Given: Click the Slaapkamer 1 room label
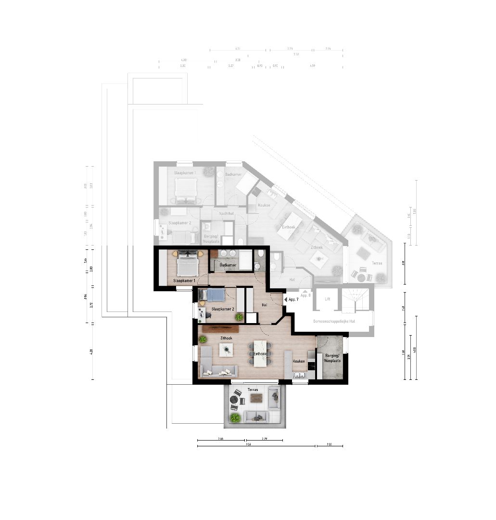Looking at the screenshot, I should pos(184,280).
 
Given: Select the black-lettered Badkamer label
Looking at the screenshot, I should pos(228,265).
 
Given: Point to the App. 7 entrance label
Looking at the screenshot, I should pos(293,299).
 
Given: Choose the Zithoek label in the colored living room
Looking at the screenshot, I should pos(226,338).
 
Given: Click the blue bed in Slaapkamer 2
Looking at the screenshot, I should pos(211,295).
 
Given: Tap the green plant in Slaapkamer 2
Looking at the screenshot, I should pos(239,316).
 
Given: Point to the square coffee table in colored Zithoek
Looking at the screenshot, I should pos(226,350).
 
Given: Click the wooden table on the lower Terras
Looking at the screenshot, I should pos(256,398).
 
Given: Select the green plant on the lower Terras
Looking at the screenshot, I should pos(235,418).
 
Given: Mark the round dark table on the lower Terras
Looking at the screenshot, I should pos(235,399).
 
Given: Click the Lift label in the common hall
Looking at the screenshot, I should pos(328,299).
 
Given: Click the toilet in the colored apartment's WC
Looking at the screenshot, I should pos(260,254).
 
